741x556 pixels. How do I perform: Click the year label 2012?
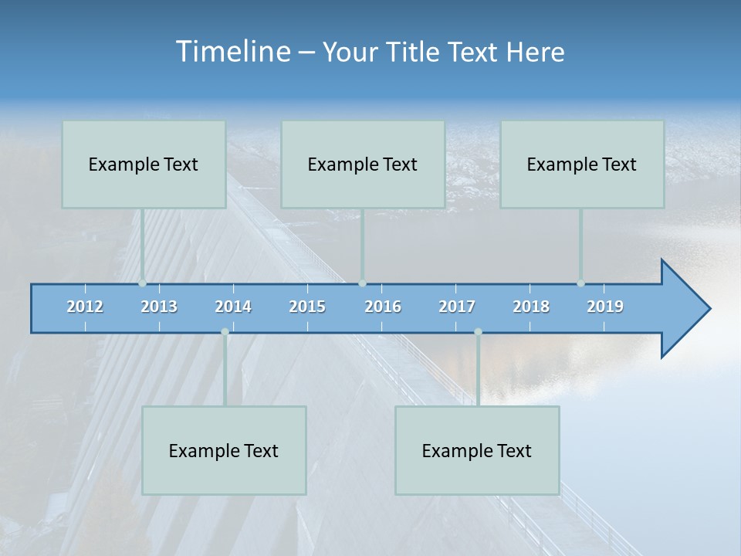point(85,307)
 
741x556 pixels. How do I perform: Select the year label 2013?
point(159,307)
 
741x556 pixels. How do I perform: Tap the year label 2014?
point(233,307)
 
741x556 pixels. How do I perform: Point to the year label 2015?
point(307,307)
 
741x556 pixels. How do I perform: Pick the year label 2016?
point(383,307)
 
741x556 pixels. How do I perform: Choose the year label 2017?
point(457,307)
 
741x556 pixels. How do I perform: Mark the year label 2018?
point(531,307)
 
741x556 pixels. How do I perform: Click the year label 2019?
point(605,307)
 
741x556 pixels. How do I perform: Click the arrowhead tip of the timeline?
point(709,309)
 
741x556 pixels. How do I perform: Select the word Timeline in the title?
point(232,52)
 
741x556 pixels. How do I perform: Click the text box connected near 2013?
point(144,164)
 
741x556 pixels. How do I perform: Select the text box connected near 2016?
point(363,164)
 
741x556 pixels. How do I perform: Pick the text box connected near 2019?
point(582,164)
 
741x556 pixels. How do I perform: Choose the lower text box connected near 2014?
point(224,450)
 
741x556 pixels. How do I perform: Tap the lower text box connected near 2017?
point(477,450)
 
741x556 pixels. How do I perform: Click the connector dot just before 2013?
point(143,283)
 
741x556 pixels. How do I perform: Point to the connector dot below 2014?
point(225,332)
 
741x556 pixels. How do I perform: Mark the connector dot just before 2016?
point(362,283)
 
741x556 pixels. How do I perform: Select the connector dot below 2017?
point(478,332)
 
